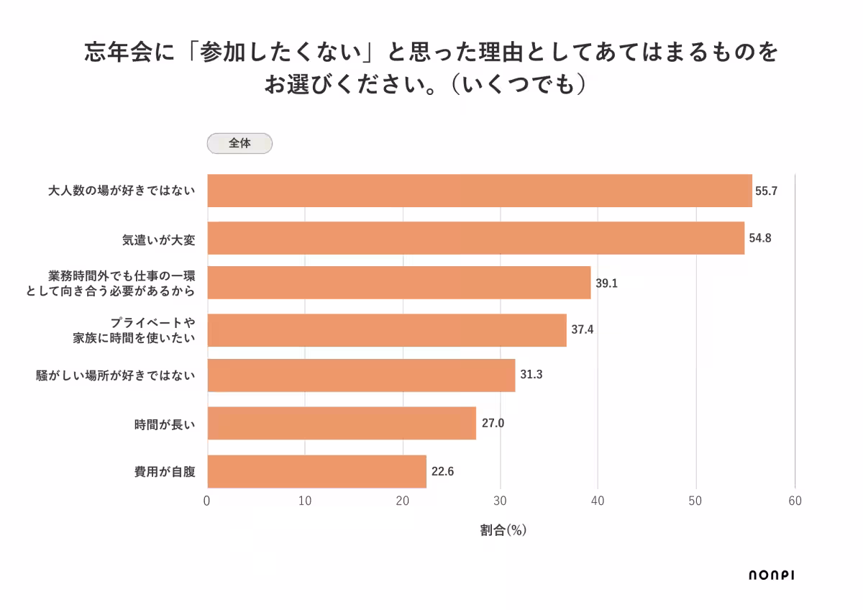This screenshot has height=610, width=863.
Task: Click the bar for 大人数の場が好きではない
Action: pyautogui.click(x=479, y=191)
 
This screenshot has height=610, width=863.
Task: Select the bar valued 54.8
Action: pyautogui.click(x=475, y=237)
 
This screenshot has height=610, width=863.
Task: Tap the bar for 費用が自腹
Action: pyautogui.click(x=316, y=472)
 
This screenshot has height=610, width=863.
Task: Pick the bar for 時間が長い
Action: pyautogui.click(x=342, y=423)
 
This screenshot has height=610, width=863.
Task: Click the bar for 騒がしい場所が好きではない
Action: pyautogui.click(x=361, y=375)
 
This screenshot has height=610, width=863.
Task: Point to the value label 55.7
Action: pyautogui.click(x=767, y=191)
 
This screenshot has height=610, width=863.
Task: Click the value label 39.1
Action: pyautogui.click(x=606, y=283)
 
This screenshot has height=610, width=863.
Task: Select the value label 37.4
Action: pyautogui.click(x=583, y=330)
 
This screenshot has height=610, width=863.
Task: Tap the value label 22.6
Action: pyautogui.click(x=442, y=473)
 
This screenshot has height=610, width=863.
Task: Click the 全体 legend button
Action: pyautogui.click(x=239, y=143)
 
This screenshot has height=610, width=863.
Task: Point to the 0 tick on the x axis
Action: pyautogui.click(x=207, y=501)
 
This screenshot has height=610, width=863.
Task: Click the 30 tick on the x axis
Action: pyautogui.click(x=501, y=501)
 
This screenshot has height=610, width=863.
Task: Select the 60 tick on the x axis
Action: pyautogui.click(x=795, y=501)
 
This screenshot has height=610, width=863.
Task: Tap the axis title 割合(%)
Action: pyautogui.click(x=503, y=531)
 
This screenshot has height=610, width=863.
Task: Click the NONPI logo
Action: pyautogui.click(x=772, y=575)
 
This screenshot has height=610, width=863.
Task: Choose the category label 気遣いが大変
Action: pyautogui.click(x=158, y=239)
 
